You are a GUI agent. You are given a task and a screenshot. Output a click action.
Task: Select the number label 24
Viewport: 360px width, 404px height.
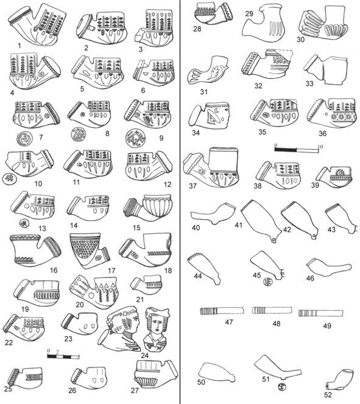tap(145, 355)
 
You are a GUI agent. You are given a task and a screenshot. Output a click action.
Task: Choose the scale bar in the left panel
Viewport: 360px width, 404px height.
tap(63, 357)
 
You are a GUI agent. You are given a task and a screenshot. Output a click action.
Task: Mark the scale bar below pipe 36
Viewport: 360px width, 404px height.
tap(297, 148)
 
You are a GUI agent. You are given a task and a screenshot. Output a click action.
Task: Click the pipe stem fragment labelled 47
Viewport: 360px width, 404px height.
tap(222, 311)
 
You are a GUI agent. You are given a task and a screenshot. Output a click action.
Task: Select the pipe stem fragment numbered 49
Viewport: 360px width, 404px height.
tap(321, 313)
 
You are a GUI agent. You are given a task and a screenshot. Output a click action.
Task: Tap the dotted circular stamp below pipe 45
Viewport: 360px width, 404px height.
tap(267, 282)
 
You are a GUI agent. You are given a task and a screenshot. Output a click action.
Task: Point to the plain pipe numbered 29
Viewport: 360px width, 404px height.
tap(263, 23)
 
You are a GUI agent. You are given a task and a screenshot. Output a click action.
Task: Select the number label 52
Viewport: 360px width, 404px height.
tap(328, 394)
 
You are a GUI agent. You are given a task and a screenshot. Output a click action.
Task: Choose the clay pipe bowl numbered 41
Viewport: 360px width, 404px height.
tap(261, 220)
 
